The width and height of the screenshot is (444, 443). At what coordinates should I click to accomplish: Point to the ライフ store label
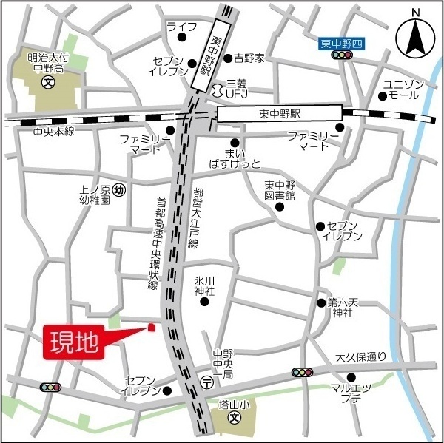(x=181, y=27)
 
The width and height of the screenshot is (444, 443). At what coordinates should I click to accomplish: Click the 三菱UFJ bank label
(x=235, y=88)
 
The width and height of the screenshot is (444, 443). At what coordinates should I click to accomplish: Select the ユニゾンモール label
(x=403, y=90)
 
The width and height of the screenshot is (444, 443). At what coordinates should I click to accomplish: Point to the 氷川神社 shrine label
(x=204, y=285)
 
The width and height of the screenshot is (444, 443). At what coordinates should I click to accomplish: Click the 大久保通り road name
(x=360, y=356)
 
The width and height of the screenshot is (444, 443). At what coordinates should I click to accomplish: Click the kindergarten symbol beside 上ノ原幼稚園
(x=121, y=191)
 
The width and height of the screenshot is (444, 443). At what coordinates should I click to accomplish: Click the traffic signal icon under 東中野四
(x=340, y=56)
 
